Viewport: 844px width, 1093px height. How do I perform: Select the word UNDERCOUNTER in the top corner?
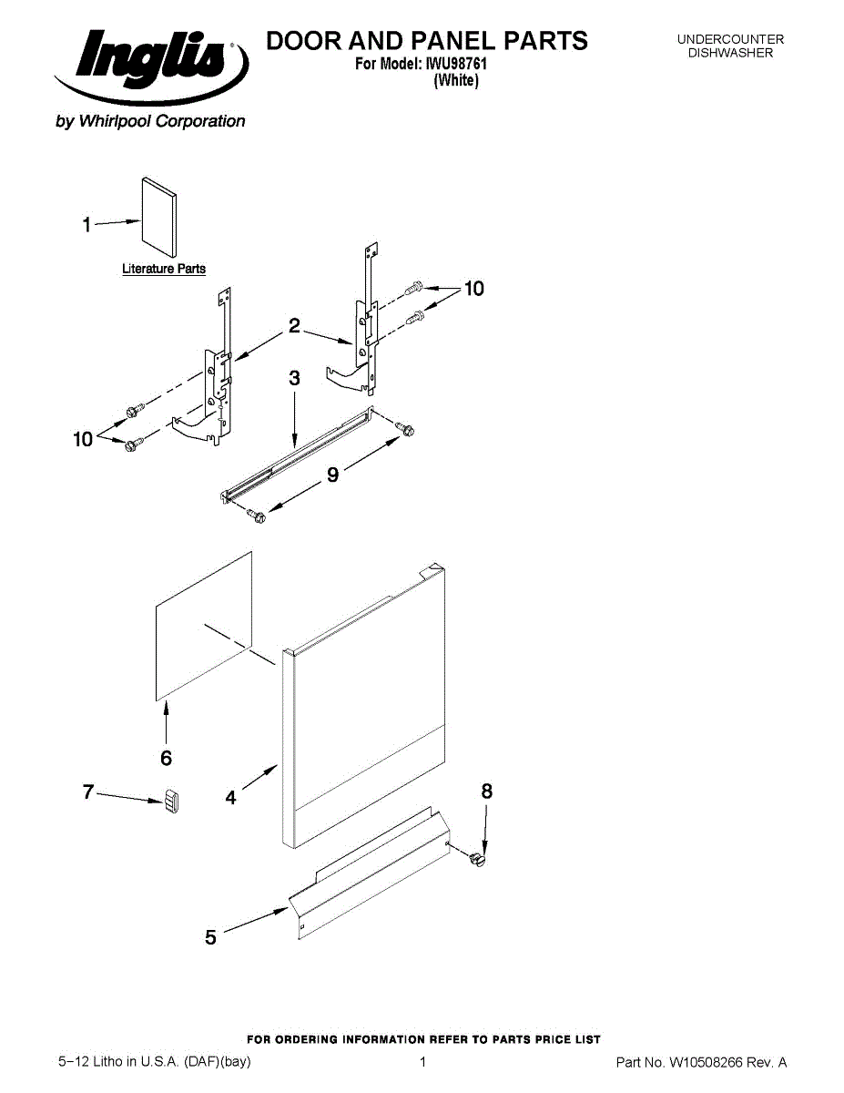[x=730, y=39]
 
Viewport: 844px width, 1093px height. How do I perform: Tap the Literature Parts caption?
[x=164, y=269]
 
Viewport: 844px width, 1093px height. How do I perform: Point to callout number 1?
[x=86, y=224]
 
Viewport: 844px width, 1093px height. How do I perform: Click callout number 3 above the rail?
[x=294, y=379]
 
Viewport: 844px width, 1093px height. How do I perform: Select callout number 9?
[x=333, y=474]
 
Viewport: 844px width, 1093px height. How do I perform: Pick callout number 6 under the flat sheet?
[x=167, y=757]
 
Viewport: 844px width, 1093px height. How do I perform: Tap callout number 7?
[x=88, y=792]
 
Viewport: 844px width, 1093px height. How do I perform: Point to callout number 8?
[x=487, y=792]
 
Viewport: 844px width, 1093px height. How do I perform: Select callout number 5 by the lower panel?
[x=211, y=936]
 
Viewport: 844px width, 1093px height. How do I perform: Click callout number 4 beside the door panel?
[x=231, y=798]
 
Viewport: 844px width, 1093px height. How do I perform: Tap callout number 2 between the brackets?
[x=294, y=326]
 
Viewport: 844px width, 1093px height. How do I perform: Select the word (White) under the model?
[x=456, y=80]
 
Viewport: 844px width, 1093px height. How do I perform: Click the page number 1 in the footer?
[x=423, y=1062]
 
